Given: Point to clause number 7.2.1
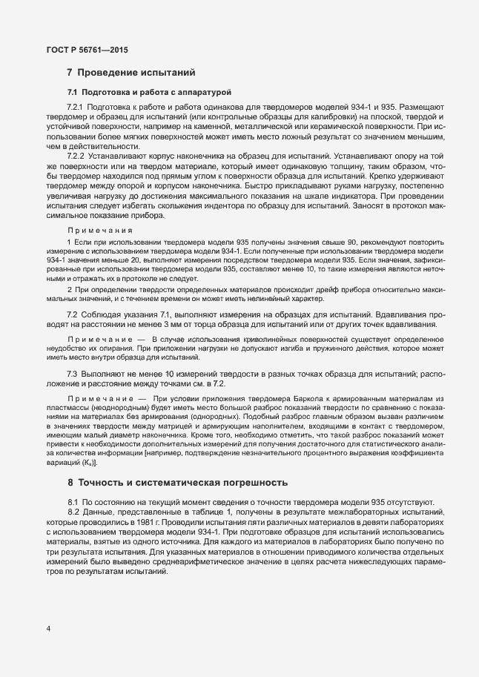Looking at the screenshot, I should (x=78, y=108).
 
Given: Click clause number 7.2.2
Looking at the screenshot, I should (x=78, y=156).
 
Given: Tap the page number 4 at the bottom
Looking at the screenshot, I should (x=48, y=630).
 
